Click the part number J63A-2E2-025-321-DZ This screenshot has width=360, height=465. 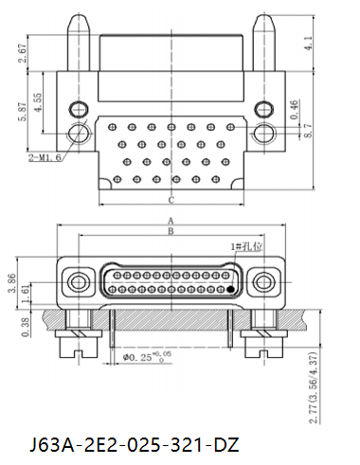click(x=135, y=445)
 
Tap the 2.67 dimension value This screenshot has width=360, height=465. click(x=23, y=53)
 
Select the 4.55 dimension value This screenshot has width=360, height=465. click(x=37, y=102)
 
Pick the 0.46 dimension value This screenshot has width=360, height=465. click(x=294, y=110)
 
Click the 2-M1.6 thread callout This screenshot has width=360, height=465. click(x=45, y=157)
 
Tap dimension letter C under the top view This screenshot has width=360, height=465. click(x=171, y=200)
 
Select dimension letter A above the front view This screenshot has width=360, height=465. click(x=171, y=221)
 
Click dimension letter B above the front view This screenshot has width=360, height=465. click(x=171, y=231)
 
